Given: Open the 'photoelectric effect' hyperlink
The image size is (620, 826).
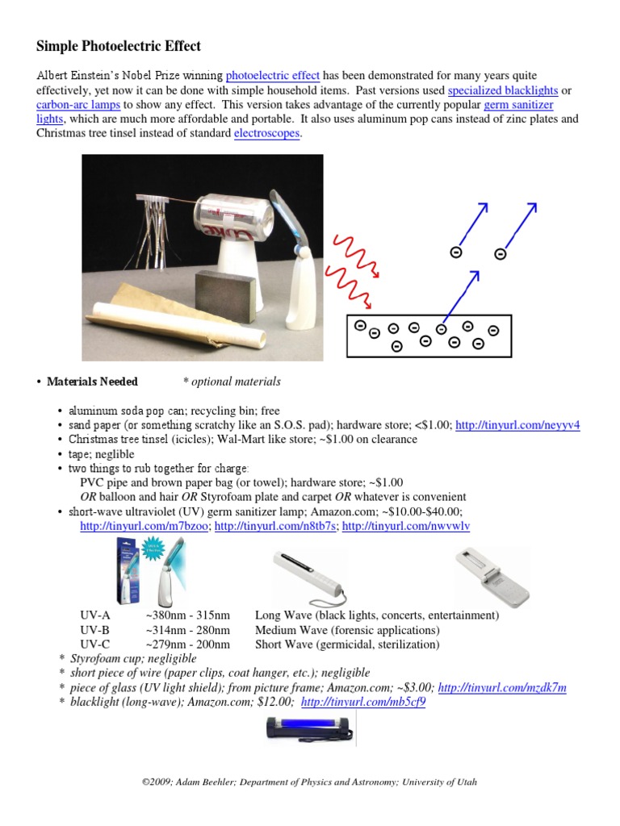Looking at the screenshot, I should [x=273, y=76].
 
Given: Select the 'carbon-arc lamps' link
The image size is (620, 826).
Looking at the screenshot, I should [x=78, y=105].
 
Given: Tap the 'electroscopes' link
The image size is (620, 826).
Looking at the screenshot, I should [x=266, y=134].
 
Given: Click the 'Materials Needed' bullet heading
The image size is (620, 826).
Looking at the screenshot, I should [x=92, y=382].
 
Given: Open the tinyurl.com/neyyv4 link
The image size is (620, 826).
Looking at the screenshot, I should [x=517, y=425].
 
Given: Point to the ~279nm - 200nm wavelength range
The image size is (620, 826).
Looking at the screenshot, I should [x=188, y=645].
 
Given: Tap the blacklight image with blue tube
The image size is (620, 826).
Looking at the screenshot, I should [x=309, y=731].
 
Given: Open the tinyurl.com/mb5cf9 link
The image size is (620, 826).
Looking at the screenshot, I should [x=362, y=703].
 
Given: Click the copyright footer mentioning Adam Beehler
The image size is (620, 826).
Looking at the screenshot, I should [x=310, y=782].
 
